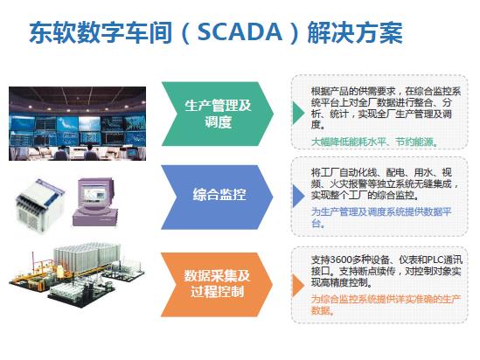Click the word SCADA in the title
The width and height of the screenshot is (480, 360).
(x=240, y=31)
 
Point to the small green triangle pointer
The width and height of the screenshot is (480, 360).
(x=298, y=113)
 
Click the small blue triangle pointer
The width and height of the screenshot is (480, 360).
(x=298, y=196)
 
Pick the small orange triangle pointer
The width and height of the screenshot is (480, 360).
(x=298, y=286)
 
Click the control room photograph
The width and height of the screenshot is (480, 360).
(x=78, y=123)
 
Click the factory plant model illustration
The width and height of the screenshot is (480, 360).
(x=77, y=275)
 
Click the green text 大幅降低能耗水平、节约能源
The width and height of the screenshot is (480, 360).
(x=374, y=142)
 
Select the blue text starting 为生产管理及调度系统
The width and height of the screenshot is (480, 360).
(x=381, y=218)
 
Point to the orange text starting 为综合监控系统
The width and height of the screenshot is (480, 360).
(x=386, y=305)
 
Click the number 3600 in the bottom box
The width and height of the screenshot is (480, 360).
(x=340, y=260)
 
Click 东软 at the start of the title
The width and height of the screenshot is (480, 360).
(x=52, y=32)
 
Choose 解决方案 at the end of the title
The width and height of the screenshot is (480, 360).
(x=355, y=32)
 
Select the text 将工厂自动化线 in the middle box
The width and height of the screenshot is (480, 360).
(x=344, y=173)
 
